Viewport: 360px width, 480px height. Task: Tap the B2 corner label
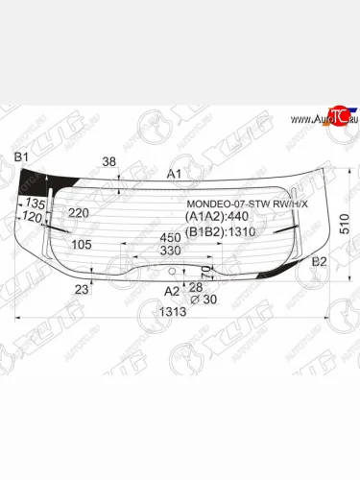pos(321,261)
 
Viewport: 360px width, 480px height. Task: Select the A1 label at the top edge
pos(174,174)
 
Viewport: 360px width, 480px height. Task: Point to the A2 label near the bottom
pos(172,291)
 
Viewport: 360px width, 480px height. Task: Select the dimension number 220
pos(79,212)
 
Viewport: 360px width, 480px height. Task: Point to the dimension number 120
pos(32,218)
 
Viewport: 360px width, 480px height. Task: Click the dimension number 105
pos(82,245)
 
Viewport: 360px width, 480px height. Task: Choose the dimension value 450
pos(170,237)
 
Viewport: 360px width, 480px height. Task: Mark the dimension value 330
pos(170,251)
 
